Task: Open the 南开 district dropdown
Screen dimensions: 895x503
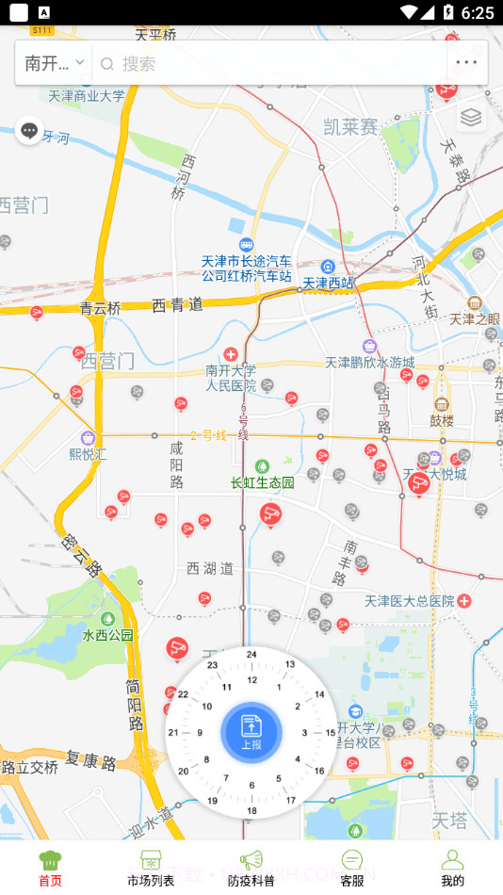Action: (x=55, y=63)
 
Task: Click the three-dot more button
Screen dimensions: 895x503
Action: (x=467, y=63)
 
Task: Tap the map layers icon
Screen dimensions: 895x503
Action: (x=471, y=118)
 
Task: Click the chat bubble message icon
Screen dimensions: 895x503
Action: (x=29, y=131)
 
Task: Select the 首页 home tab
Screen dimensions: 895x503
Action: (x=50, y=868)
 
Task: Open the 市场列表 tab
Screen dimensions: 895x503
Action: (x=151, y=868)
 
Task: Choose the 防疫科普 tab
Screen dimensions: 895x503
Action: (x=251, y=868)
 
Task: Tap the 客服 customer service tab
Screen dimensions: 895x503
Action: (x=352, y=868)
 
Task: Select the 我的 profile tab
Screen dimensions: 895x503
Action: (x=452, y=868)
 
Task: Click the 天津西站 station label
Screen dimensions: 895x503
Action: (x=328, y=282)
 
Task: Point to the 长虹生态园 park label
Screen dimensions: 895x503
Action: (x=263, y=482)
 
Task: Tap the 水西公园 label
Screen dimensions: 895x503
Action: (x=107, y=634)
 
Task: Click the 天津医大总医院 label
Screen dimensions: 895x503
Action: (x=410, y=600)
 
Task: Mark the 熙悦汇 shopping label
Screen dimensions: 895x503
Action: (x=89, y=452)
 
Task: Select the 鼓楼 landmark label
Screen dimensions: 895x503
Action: (x=442, y=419)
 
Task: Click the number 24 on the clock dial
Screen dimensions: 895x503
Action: (x=251, y=654)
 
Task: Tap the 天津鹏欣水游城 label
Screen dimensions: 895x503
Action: (x=369, y=362)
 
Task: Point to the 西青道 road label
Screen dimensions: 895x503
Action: (x=177, y=304)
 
